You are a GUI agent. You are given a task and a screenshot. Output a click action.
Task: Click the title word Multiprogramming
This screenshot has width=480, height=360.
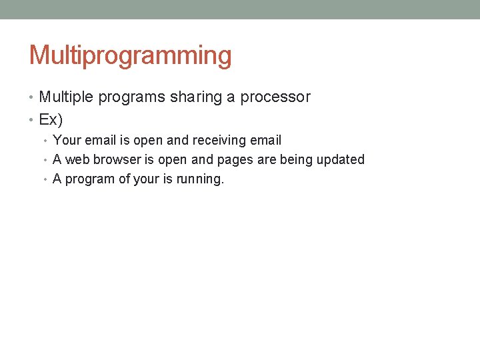point(131,56)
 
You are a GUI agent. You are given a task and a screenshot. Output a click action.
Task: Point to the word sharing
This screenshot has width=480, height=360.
point(196,97)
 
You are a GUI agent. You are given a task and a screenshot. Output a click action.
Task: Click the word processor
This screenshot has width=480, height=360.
point(275,97)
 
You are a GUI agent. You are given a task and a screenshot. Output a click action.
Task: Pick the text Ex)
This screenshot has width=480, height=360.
point(51,120)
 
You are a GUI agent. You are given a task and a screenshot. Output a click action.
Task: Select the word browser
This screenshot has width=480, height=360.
point(118,160)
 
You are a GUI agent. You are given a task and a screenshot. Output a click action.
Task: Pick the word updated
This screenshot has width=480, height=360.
point(341,160)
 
